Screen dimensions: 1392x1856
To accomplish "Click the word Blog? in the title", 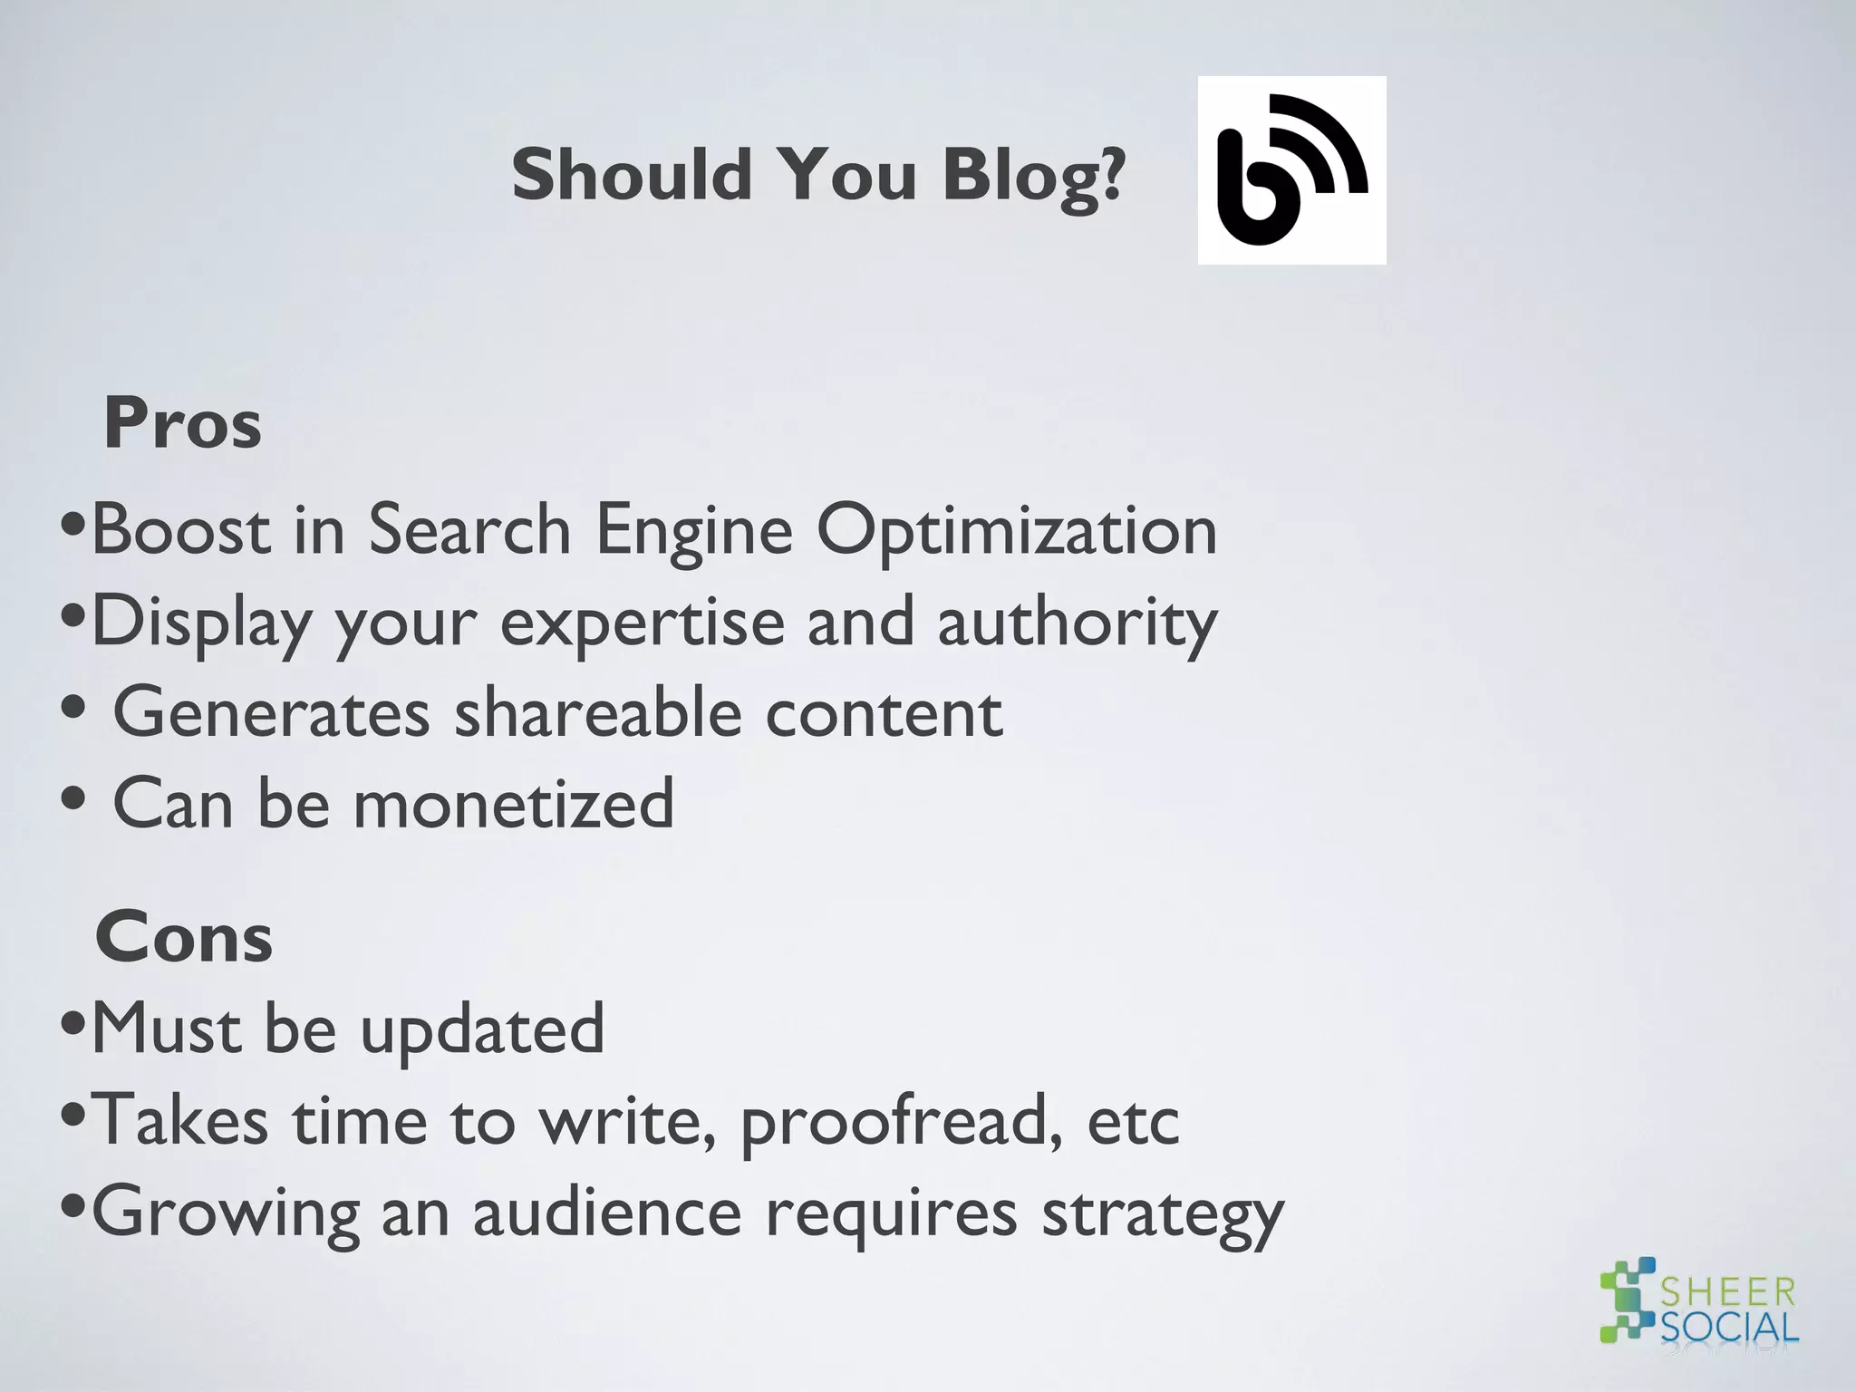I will point(1033,176).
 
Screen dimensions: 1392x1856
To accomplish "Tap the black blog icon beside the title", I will point(1291,170).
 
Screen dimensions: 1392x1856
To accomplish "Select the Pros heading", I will point(182,423).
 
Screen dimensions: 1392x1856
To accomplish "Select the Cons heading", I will point(183,937).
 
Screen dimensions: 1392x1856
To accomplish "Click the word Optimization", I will point(1017,531).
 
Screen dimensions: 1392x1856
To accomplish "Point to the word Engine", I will point(694,531).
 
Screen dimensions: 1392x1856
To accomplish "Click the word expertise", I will point(643,623).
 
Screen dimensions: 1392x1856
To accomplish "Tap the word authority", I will point(1077,623).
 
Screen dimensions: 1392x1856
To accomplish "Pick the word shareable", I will point(597,713).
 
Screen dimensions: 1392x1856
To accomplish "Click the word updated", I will point(482,1030).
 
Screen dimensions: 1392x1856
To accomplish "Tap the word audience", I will point(607,1213).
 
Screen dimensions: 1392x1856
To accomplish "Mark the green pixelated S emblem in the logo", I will point(1629,1299).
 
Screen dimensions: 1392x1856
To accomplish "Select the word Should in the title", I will point(632,174).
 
